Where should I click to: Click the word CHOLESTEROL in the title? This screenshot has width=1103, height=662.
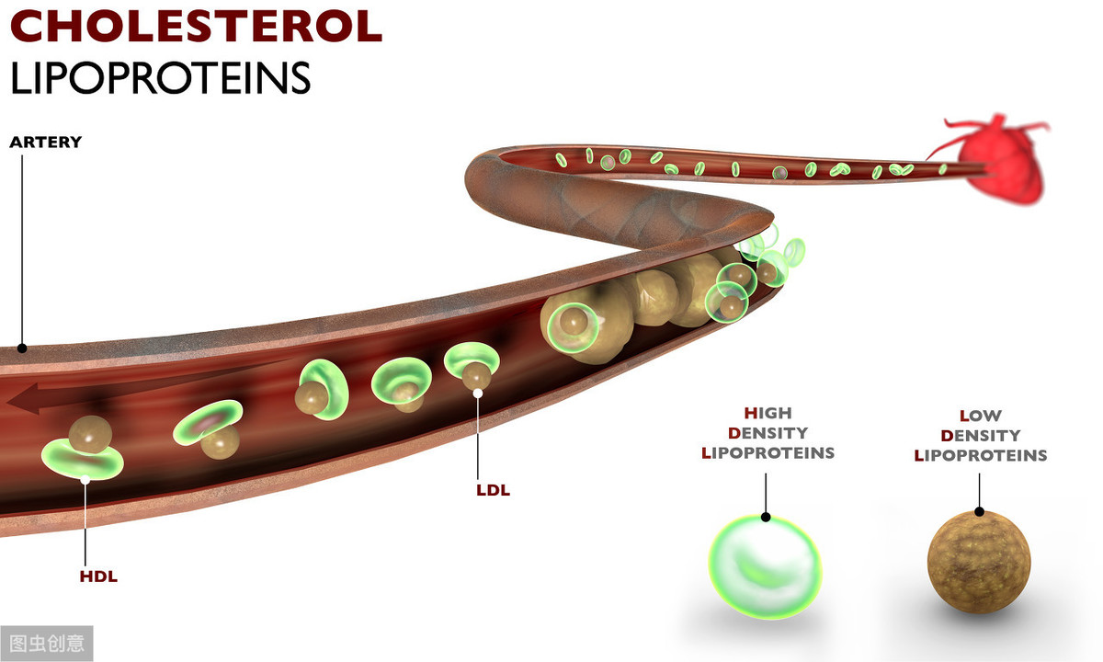click(196, 28)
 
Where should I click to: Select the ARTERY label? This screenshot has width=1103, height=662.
click(45, 143)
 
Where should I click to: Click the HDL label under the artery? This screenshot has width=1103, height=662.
click(98, 577)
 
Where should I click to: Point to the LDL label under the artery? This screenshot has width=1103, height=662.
click(493, 490)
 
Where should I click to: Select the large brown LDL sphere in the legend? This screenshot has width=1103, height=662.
click(979, 561)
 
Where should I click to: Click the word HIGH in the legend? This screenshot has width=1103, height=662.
click(768, 413)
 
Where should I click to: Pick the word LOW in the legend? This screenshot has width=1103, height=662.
click(980, 416)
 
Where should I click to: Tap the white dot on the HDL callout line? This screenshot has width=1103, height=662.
click(85, 479)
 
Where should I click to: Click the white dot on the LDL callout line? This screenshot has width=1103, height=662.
click(478, 394)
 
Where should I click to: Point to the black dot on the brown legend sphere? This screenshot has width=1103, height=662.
click(980, 512)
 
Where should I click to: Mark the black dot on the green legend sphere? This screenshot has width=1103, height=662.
click(766, 517)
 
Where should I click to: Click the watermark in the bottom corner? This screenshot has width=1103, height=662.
click(46, 643)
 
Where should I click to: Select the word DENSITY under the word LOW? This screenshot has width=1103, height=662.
click(980, 435)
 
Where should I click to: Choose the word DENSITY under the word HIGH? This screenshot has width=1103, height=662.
click(768, 432)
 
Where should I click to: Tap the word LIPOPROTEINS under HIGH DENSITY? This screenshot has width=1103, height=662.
click(768, 452)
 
